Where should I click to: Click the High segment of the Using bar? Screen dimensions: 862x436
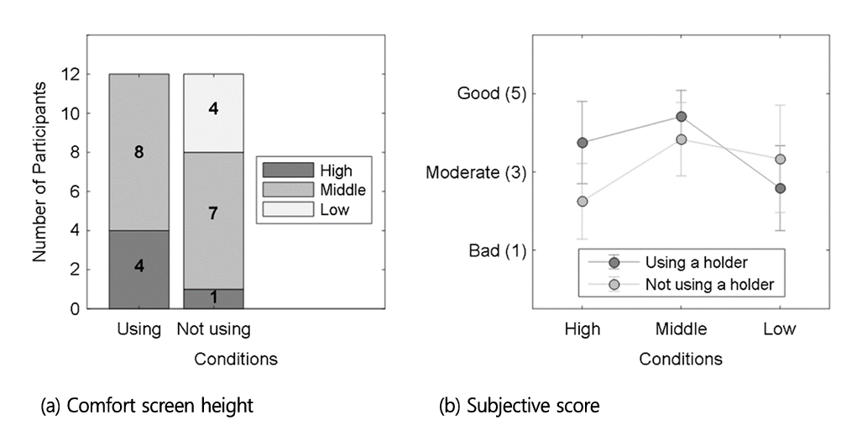coord(139,270)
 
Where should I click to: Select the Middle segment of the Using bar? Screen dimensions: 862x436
coord(139,152)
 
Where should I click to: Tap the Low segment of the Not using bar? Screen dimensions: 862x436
coord(213,113)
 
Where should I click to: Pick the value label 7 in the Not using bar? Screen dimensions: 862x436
coord(213,213)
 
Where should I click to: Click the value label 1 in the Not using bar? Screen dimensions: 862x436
coord(213,298)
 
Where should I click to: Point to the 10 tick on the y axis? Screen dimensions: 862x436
coord(71,113)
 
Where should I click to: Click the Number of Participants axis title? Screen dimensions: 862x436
coord(39,171)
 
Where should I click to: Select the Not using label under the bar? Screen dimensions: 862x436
coord(213,329)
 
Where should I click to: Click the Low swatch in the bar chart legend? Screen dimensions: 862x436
coord(288,209)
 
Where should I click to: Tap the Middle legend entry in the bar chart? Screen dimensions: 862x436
coord(314,190)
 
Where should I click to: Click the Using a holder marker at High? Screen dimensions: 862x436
coord(583,143)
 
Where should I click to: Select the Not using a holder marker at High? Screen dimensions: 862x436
coord(583,202)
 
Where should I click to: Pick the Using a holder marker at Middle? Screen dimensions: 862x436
coord(682,116)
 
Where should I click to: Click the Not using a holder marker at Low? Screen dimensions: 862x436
coord(780,159)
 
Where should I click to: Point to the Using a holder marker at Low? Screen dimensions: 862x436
coord(780,188)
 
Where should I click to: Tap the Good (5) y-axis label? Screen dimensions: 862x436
coord(492,93)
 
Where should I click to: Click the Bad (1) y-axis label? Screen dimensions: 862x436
coord(497,251)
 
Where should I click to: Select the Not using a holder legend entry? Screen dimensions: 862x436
coord(681,285)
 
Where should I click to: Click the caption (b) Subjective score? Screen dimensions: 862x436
coord(519,406)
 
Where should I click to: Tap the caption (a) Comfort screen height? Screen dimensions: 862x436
coord(148,406)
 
